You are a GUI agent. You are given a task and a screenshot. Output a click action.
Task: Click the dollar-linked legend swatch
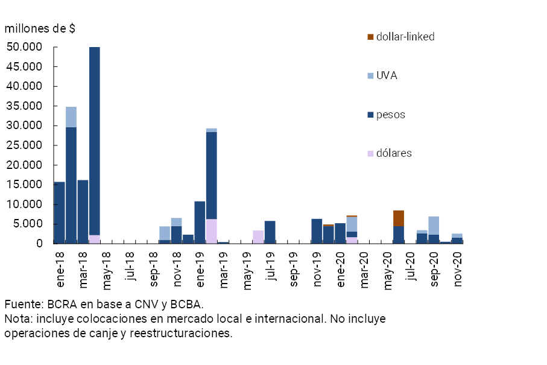[x=370, y=37]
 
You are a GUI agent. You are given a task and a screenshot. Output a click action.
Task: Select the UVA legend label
[x=387, y=76]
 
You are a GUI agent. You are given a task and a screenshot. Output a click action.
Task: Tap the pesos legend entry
[x=391, y=115]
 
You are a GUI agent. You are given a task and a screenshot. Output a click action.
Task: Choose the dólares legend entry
[x=394, y=153]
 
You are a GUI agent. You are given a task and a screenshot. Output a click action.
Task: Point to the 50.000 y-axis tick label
[x=24, y=47]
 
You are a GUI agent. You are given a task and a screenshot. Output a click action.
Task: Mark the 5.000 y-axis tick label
[x=27, y=224]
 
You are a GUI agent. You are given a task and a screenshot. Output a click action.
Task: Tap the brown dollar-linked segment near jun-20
[x=399, y=218]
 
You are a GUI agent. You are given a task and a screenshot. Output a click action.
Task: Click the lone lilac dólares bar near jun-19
[x=258, y=236]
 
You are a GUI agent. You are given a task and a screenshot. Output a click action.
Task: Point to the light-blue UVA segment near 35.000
[x=71, y=116]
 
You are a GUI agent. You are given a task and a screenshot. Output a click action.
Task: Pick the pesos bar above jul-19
[x=270, y=232]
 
